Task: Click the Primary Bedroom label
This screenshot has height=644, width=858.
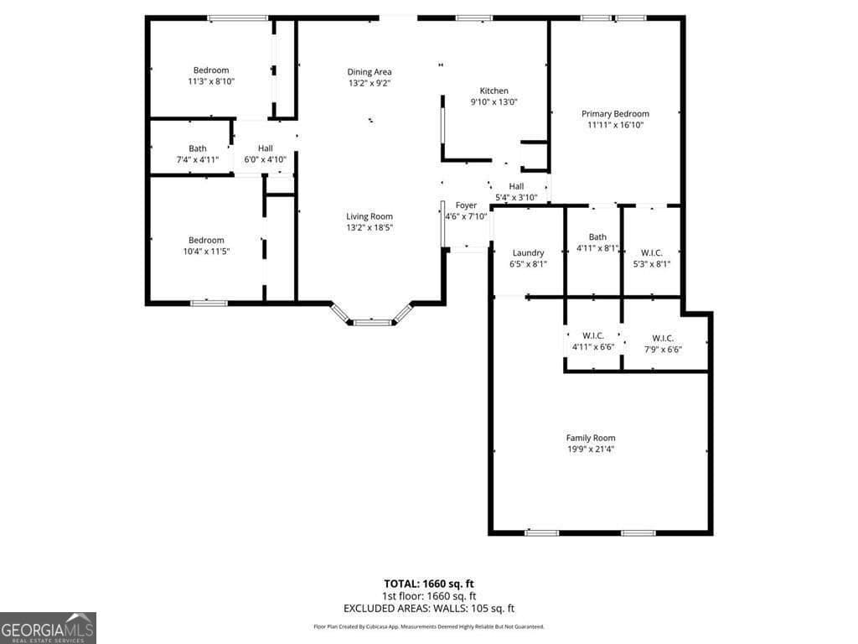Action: pyautogui.click(x=615, y=114)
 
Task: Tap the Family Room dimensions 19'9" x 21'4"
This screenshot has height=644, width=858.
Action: pyautogui.click(x=591, y=449)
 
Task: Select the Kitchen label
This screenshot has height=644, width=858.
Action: pyautogui.click(x=494, y=91)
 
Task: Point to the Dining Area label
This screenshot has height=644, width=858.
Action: pyautogui.click(x=370, y=72)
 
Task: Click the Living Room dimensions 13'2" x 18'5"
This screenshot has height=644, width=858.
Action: pyautogui.click(x=370, y=227)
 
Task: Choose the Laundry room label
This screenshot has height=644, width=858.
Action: pyautogui.click(x=528, y=252)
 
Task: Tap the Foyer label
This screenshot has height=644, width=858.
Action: pyautogui.click(x=466, y=205)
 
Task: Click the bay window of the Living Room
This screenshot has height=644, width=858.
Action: pyautogui.click(x=370, y=319)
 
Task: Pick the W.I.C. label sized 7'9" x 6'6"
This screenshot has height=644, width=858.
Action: pyautogui.click(x=662, y=338)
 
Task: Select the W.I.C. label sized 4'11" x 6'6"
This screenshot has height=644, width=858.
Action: pyautogui.click(x=593, y=335)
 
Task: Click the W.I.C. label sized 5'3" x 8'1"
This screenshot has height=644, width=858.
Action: pyautogui.click(x=650, y=252)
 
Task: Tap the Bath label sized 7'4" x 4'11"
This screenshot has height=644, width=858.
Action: pyautogui.click(x=197, y=148)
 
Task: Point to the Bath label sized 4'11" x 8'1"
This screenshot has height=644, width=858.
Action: pyautogui.click(x=597, y=237)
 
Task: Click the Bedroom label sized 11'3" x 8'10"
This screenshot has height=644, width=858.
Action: pyautogui.click(x=210, y=70)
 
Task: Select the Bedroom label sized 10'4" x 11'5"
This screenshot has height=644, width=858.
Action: pyautogui.click(x=205, y=240)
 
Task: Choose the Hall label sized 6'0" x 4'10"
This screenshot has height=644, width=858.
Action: pyautogui.click(x=265, y=148)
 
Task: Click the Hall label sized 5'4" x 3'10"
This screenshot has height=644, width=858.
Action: pyautogui.click(x=516, y=186)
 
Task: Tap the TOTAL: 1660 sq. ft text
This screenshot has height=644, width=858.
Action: pyautogui.click(x=428, y=583)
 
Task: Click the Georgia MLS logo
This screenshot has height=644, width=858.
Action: pyautogui.click(x=48, y=628)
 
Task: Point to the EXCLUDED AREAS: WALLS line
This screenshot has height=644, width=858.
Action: pyautogui.click(x=428, y=609)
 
